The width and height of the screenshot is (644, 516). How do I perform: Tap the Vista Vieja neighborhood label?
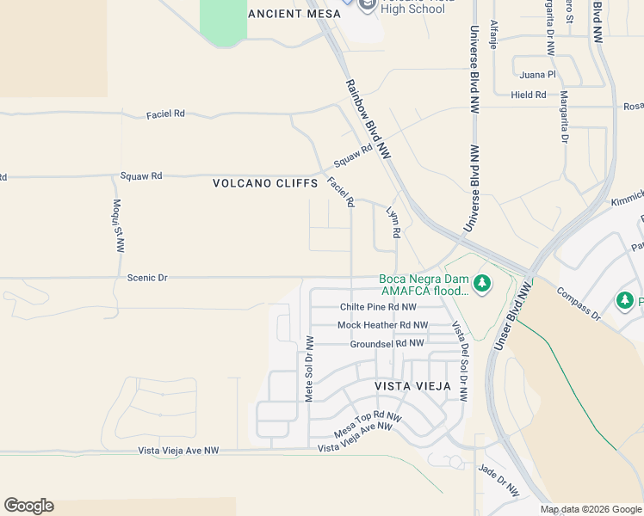click(x=412, y=386)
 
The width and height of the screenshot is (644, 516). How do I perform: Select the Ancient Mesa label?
click(x=288, y=14)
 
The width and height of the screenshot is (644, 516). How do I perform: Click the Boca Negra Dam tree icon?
click(x=482, y=283)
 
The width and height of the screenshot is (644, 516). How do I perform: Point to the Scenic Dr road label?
click(x=146, y=278)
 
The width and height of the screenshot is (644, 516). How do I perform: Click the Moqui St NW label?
click(x=117, y=225)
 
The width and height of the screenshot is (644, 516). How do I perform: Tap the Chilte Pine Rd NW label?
click(x=378, y=307)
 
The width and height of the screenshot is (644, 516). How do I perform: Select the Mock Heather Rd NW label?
click(x=382, y=325)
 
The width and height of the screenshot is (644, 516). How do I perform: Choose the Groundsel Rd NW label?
click(x=387, y=343)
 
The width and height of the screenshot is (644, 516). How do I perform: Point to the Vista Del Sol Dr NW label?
click(x=460, y=362)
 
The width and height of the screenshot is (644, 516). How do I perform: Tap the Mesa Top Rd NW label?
click(x=368, y=423)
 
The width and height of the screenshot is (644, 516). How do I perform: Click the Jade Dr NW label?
click(x=498, y=481)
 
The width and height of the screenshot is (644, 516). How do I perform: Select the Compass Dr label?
click(x=577, y=304)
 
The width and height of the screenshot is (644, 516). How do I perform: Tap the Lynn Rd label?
click(x=393, y=222)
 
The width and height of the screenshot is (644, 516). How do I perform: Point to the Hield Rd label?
click(x=528, y=95)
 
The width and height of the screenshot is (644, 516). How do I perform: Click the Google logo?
click(x=28, y=506)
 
